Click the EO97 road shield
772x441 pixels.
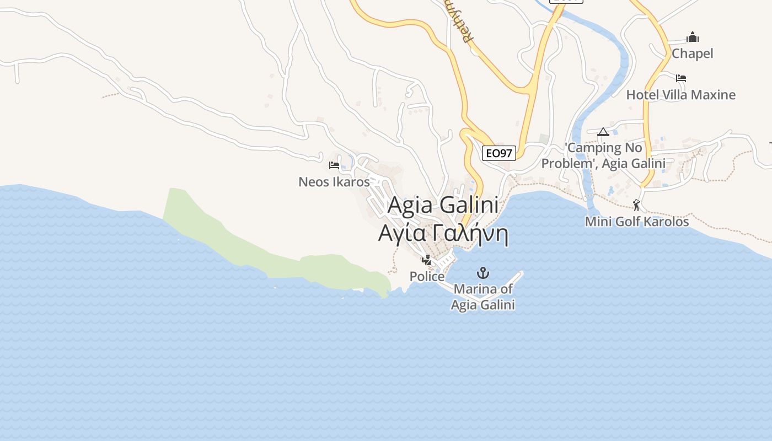coord(499,153)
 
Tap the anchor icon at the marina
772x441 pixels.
coord(483,273)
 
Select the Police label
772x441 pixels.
coord(427,276)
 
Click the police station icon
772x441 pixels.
coord(427,260)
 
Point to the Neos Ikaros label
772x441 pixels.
coord(334,181)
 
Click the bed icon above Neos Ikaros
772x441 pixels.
coord(334,165)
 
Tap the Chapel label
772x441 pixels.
coord(692,53)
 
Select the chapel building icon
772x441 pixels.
coord(693,37)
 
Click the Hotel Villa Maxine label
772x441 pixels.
coord(680,95)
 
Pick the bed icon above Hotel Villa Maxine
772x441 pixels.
coord(681,78)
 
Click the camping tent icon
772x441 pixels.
coord(603,132)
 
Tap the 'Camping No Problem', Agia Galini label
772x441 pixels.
coord(603,155)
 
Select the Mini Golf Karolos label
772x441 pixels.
coord(637,222)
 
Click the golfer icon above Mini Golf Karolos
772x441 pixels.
coord(637,205)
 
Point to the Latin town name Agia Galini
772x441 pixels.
coord(443,205)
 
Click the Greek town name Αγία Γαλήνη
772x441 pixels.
coord(443,234)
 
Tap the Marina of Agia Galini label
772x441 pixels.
coord(483,297)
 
